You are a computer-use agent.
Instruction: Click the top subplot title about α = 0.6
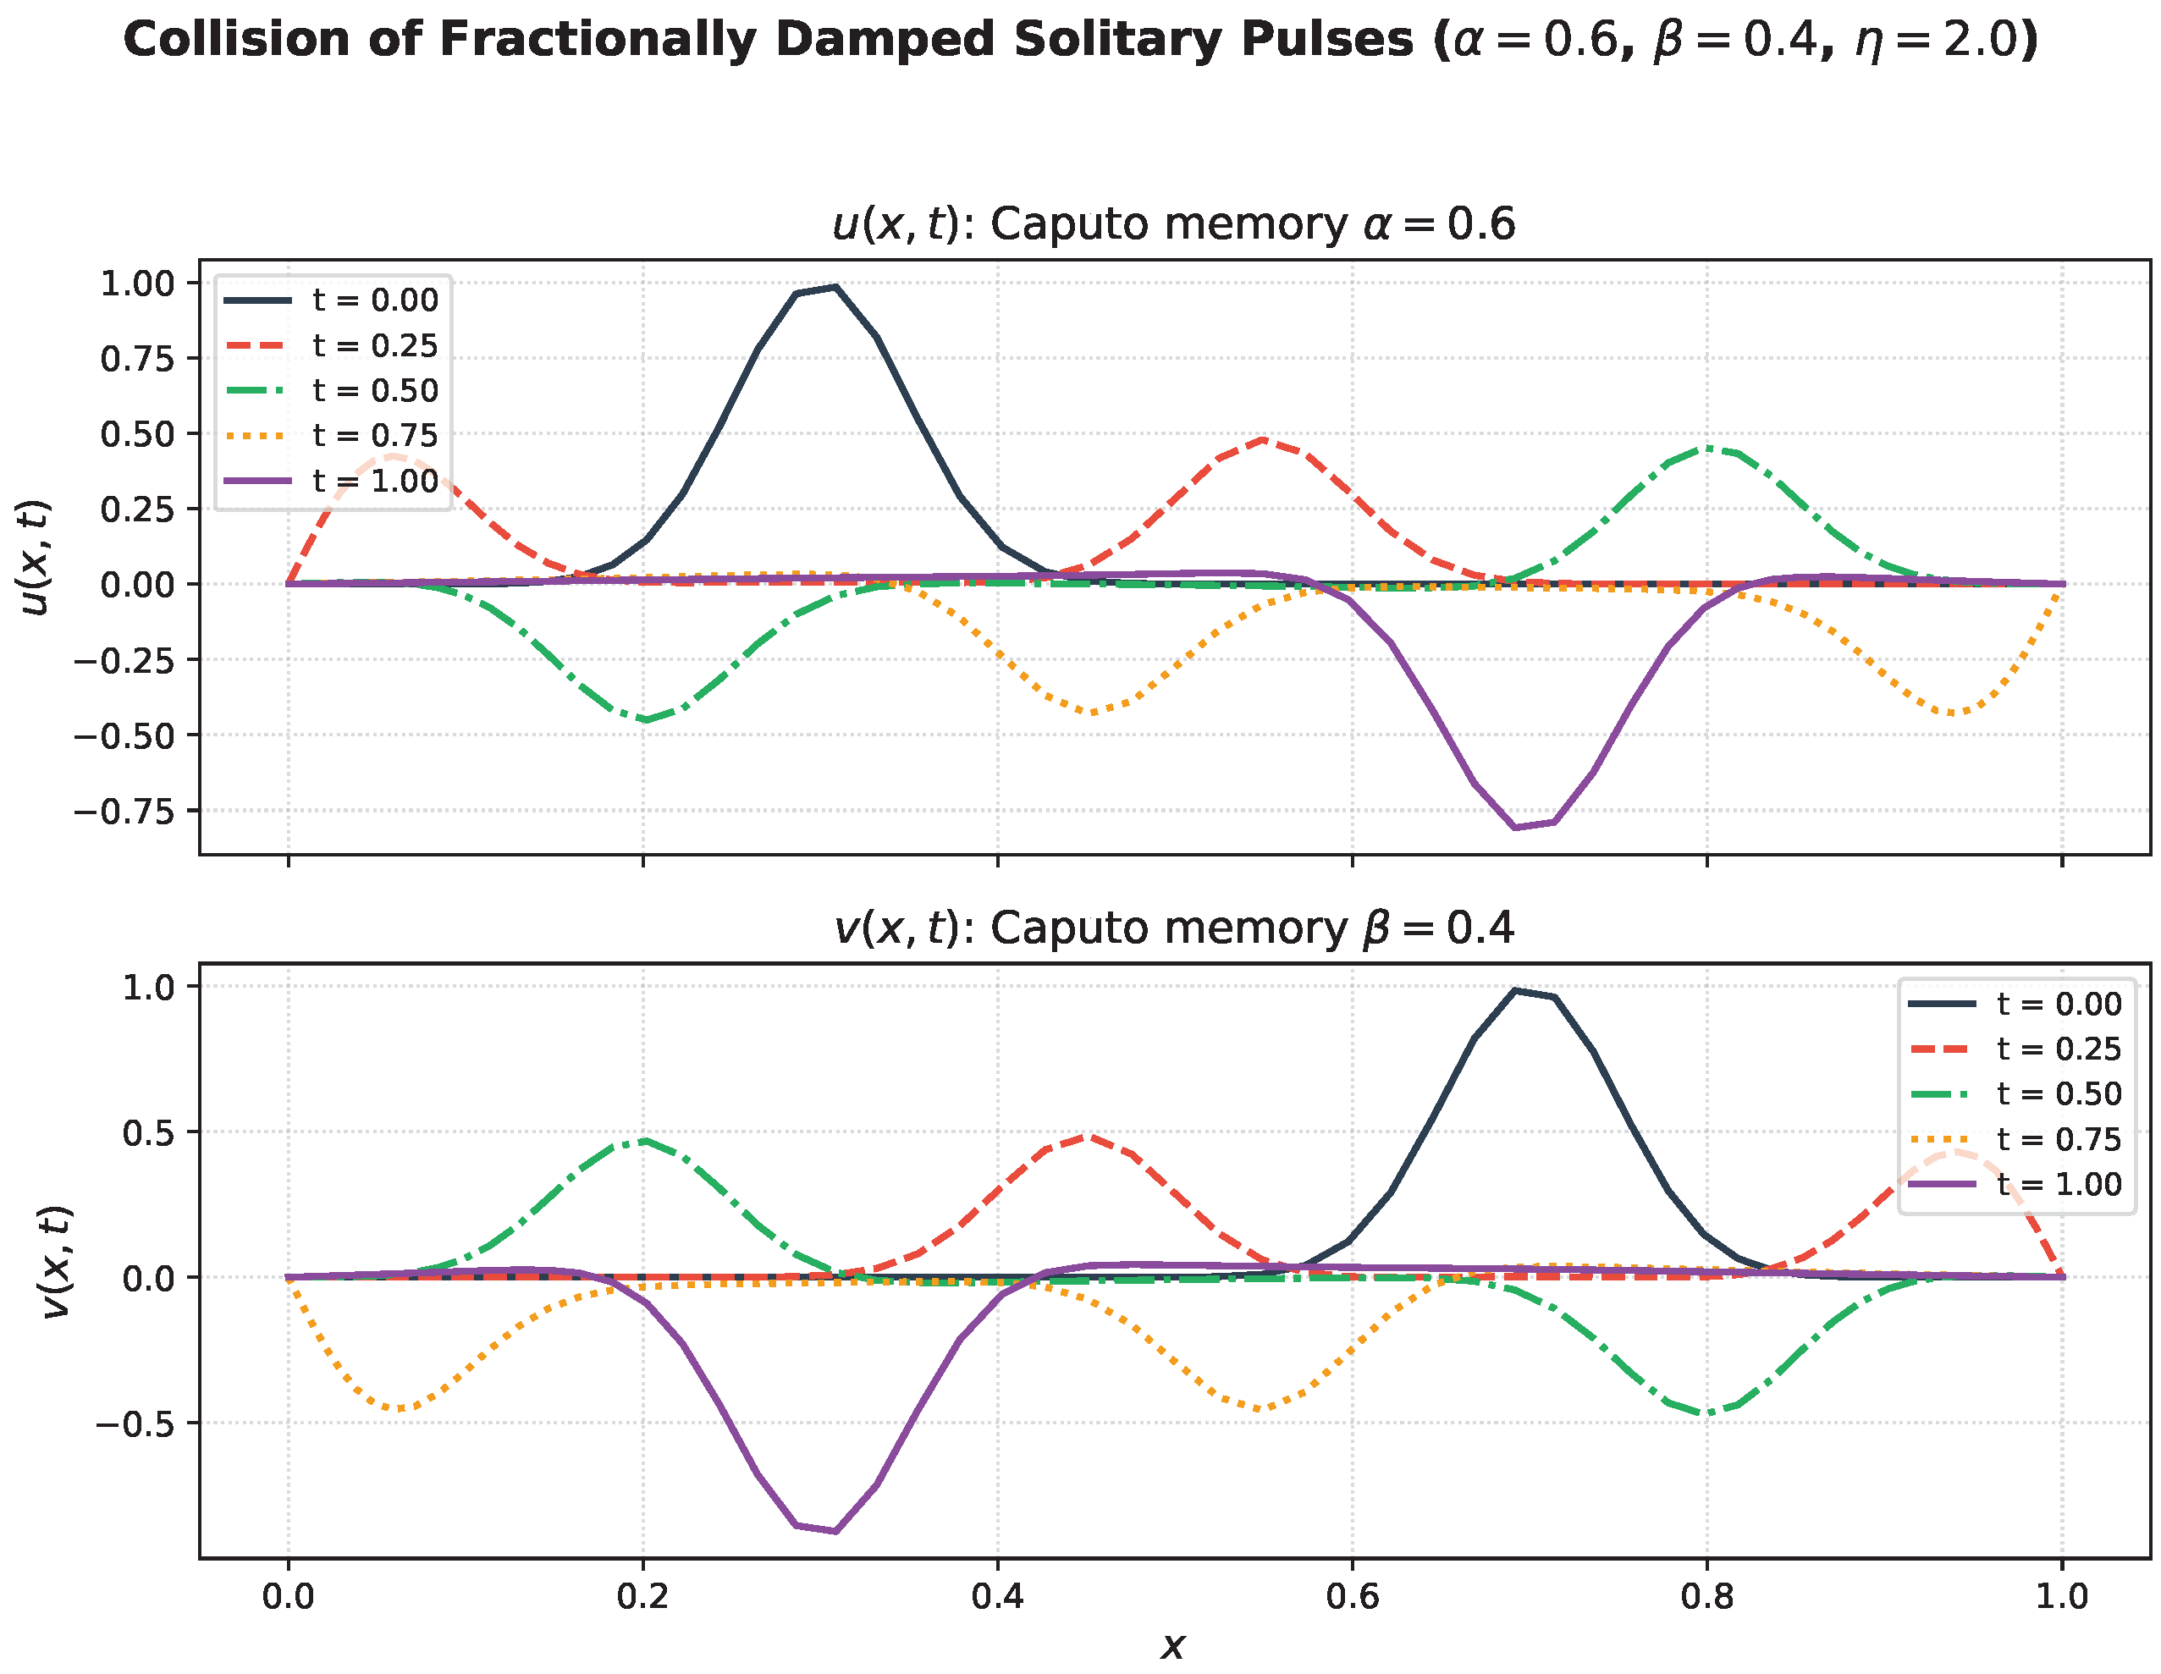pos(1173,224)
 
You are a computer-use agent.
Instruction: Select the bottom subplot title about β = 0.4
pos(1173,929)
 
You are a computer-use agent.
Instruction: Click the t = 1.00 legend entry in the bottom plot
pos(2015,1184)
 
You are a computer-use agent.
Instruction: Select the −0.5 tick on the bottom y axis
pos(135,1423)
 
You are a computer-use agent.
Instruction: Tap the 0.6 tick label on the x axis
pos(1353,1597)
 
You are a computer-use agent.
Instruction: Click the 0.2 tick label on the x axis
pos(643,1597)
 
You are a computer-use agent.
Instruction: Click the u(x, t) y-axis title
pos(36,557)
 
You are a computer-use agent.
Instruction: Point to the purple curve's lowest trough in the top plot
pos(1515,827)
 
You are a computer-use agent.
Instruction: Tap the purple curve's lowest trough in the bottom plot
pos(836,1532)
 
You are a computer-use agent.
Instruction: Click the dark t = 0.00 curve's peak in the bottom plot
pos(1515,990)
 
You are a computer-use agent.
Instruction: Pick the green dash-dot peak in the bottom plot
pos(644,1141)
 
